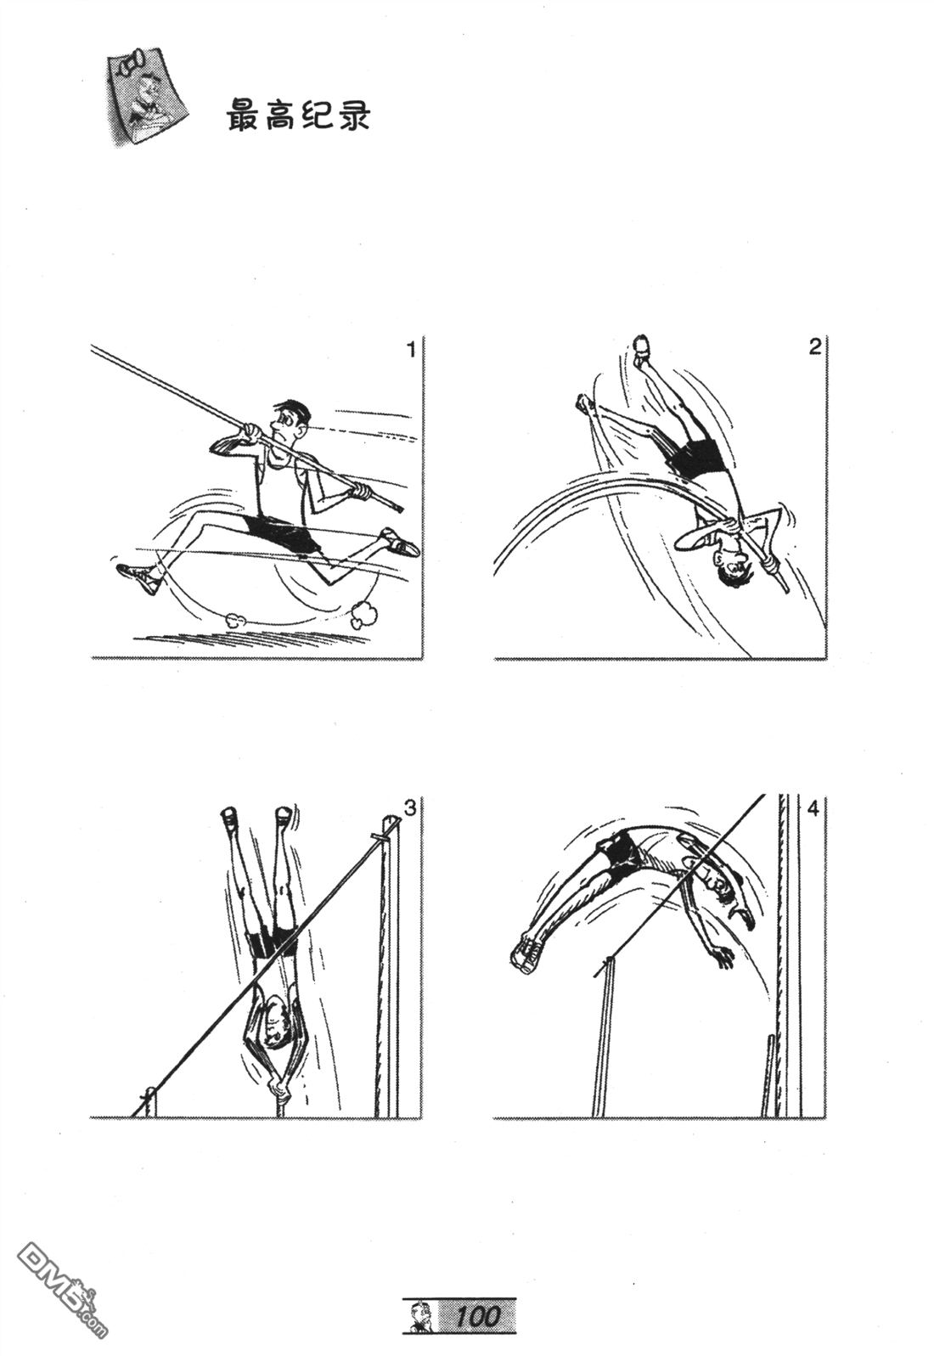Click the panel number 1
click(x=411, y=350)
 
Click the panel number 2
click(x=815, y=347)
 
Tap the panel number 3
click(x=410, y=808)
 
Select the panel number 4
click(x=813, y=808)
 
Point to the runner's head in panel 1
click(x=288, y=421)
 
